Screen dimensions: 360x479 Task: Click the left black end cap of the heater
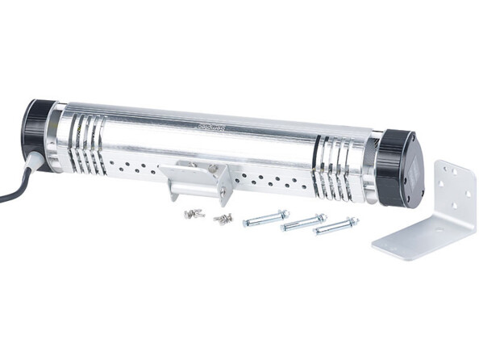36,133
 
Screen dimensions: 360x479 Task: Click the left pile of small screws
194,213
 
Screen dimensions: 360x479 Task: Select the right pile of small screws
223,218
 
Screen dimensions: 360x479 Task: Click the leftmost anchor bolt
265,218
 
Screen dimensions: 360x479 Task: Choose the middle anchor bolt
303,223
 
